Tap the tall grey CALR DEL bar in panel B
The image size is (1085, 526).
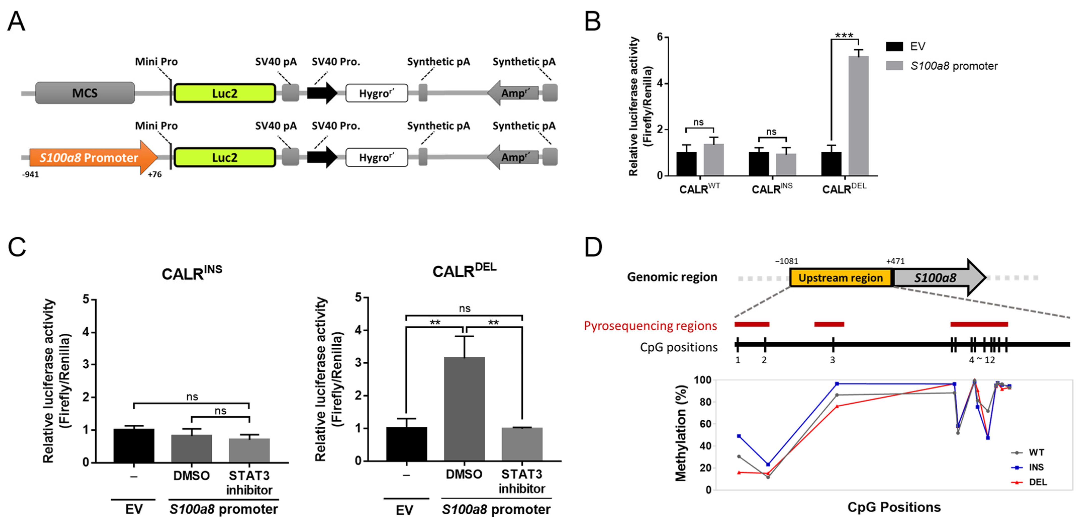point(858,116)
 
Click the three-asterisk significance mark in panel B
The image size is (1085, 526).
point(844,35)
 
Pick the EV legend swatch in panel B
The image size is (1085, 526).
point(894,46)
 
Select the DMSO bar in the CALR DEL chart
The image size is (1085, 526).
point(464,409)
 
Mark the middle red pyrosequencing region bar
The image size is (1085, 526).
point(829,324)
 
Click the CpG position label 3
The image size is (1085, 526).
point(832,360)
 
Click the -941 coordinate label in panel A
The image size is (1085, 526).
point(31,174)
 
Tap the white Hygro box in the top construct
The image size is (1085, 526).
point(376,93)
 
